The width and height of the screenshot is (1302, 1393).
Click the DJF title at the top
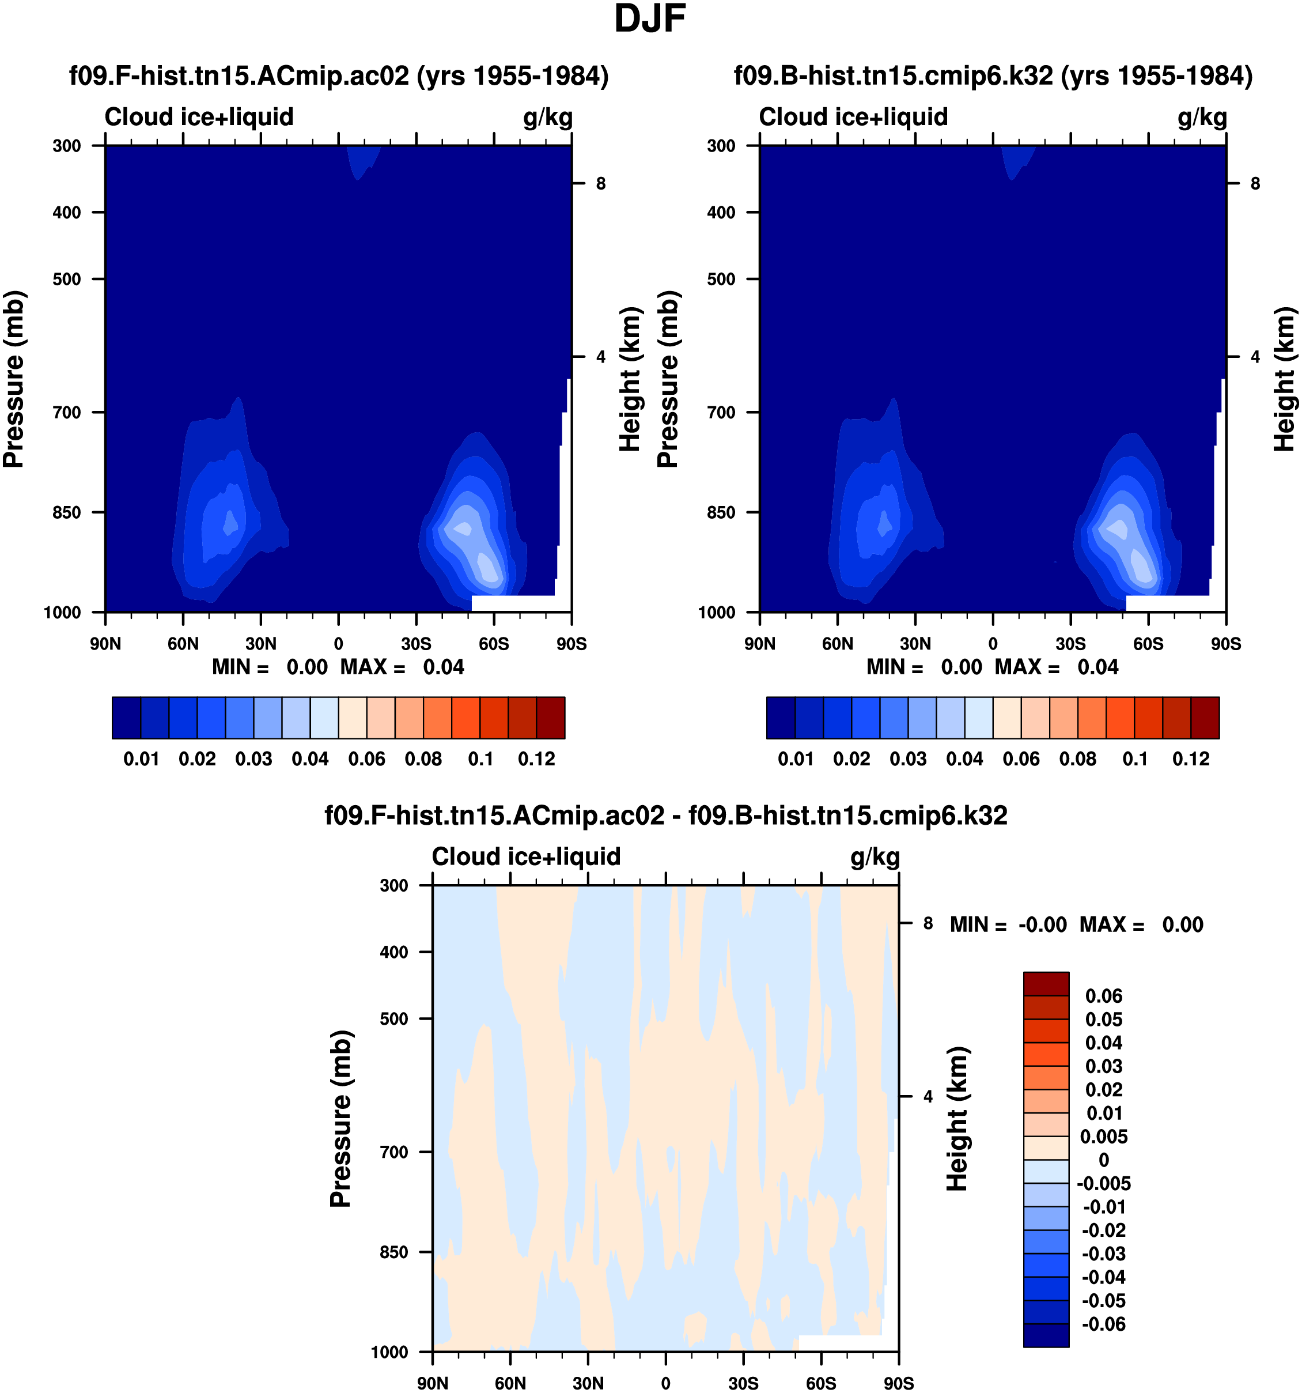coord(649,19)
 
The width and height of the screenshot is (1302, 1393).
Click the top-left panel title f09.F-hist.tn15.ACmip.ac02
coord(338,75)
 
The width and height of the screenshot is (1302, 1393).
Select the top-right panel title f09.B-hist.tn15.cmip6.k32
coord(993,75)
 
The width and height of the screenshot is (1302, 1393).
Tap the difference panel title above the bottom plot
coord(665,815)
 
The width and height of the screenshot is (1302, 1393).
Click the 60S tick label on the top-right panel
coord(1148,643)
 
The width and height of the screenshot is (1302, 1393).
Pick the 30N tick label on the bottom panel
coord(588,1383)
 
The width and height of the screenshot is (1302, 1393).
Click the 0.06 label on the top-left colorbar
coord(366,759)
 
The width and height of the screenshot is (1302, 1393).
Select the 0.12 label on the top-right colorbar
coord(1191,759)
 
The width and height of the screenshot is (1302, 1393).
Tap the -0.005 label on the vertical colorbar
coord(1103,1183)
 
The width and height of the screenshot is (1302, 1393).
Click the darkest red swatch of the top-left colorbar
coord(551,718)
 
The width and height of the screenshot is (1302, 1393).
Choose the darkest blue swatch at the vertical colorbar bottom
coord(1046,1335)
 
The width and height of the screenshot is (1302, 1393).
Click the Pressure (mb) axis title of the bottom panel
coord(340,1118)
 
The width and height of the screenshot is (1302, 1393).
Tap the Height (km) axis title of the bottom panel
coord(957,1118)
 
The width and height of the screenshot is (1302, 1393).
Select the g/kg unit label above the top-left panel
coord(548,117)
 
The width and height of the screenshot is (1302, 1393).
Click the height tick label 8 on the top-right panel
coord(1255,184)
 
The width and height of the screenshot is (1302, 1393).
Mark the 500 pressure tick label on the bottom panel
coord(393,1018)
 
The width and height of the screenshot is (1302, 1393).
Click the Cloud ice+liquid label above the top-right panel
coord(853,117)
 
